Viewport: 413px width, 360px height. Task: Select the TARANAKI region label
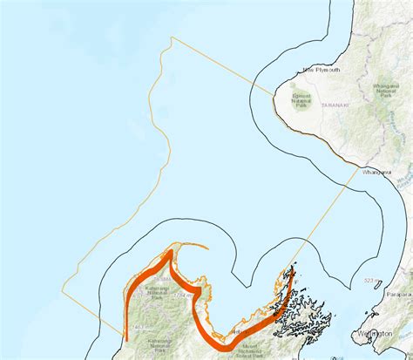pos(335,105)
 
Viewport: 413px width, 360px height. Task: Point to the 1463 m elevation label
pos(136,327)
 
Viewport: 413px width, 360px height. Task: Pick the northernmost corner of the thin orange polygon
pos(172,37)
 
